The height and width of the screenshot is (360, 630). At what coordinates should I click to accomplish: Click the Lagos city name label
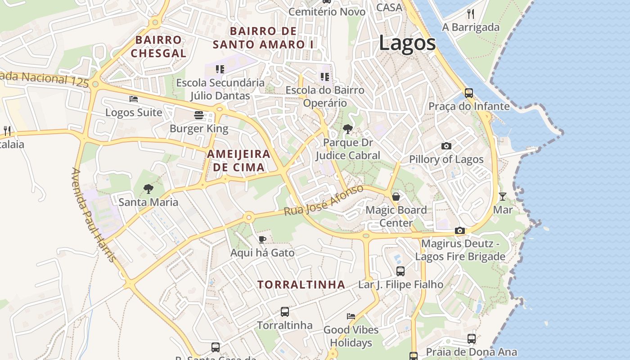coord(407,43)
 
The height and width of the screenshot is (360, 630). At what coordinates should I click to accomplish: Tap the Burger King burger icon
coord(199,115)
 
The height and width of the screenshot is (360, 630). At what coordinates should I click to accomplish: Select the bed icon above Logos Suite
coord(134,99)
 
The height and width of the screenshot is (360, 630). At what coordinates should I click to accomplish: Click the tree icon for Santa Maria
coord(148,189)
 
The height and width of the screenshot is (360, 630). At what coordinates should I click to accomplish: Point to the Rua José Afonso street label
coord(324,200)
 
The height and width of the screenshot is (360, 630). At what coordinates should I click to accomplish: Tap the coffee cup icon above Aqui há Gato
coord(262,239)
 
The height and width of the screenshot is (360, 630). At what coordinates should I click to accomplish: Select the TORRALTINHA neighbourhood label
coord(301,284)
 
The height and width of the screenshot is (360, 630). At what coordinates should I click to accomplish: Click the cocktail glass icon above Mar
coord(502,196)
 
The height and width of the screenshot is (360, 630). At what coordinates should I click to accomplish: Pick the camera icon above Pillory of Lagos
coord(446,146)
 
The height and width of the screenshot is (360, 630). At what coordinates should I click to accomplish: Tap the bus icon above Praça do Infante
coord(469,93)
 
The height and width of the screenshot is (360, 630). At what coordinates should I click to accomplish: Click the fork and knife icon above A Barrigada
coord(471,13)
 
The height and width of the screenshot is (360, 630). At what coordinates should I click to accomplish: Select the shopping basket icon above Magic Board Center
coord(396,197)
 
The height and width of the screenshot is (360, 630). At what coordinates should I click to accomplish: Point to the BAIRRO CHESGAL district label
coord(158,46)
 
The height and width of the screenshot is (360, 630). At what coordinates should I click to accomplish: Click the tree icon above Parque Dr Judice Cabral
coord(347,129)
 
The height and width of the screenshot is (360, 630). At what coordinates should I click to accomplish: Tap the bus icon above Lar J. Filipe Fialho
coord(400,271)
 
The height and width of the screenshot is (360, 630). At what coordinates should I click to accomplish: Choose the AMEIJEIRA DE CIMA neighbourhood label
coord(238,161)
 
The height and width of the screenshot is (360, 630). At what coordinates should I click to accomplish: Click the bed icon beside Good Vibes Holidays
coord(351,316)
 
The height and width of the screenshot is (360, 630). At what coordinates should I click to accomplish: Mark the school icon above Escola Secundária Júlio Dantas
coord(220,69)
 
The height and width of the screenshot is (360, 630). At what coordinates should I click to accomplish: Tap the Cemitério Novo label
coord(327,12)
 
